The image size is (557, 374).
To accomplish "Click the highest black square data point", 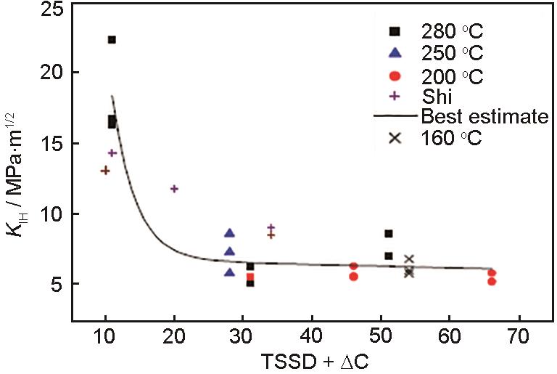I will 112,39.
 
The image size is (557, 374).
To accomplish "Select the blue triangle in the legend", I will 395,52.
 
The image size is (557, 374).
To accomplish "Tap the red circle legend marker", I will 395,76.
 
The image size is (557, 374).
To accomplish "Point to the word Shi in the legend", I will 435,96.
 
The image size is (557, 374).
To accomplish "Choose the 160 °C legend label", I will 452,137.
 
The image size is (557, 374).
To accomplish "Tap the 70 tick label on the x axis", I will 517,340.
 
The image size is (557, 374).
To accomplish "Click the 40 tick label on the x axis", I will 312,340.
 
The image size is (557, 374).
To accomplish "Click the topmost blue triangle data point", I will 230,233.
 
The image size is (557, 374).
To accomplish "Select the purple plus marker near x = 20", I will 174,189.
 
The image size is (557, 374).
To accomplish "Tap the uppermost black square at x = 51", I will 389,234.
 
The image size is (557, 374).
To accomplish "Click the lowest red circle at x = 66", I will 492,281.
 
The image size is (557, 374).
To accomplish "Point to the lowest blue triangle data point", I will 230,272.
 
